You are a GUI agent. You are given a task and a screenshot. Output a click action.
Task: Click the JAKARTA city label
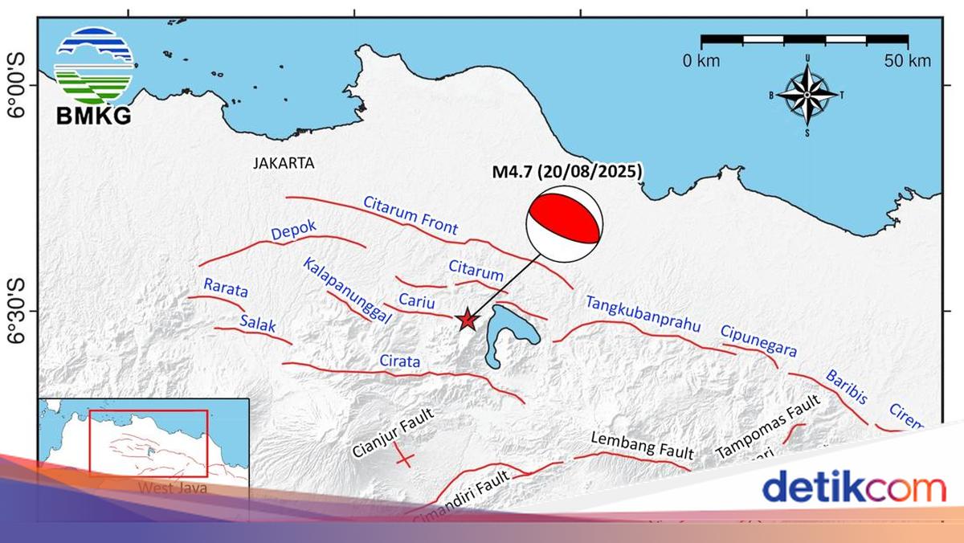point(284,163)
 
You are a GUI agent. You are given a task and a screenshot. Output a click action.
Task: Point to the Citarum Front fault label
point(411,215)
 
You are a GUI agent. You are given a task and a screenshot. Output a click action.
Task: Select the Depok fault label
point(294,231)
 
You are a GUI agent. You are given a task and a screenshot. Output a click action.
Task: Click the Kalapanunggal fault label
point(346,290)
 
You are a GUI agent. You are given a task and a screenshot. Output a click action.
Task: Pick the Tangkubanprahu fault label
point(643,314)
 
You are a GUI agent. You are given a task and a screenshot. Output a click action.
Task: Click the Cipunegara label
point(758,341)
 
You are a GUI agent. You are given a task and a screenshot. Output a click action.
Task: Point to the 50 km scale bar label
point(908,61)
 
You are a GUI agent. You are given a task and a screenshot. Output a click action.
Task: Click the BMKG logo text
point(93,116)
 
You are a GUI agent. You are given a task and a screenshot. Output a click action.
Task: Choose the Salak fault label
point(258,324)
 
